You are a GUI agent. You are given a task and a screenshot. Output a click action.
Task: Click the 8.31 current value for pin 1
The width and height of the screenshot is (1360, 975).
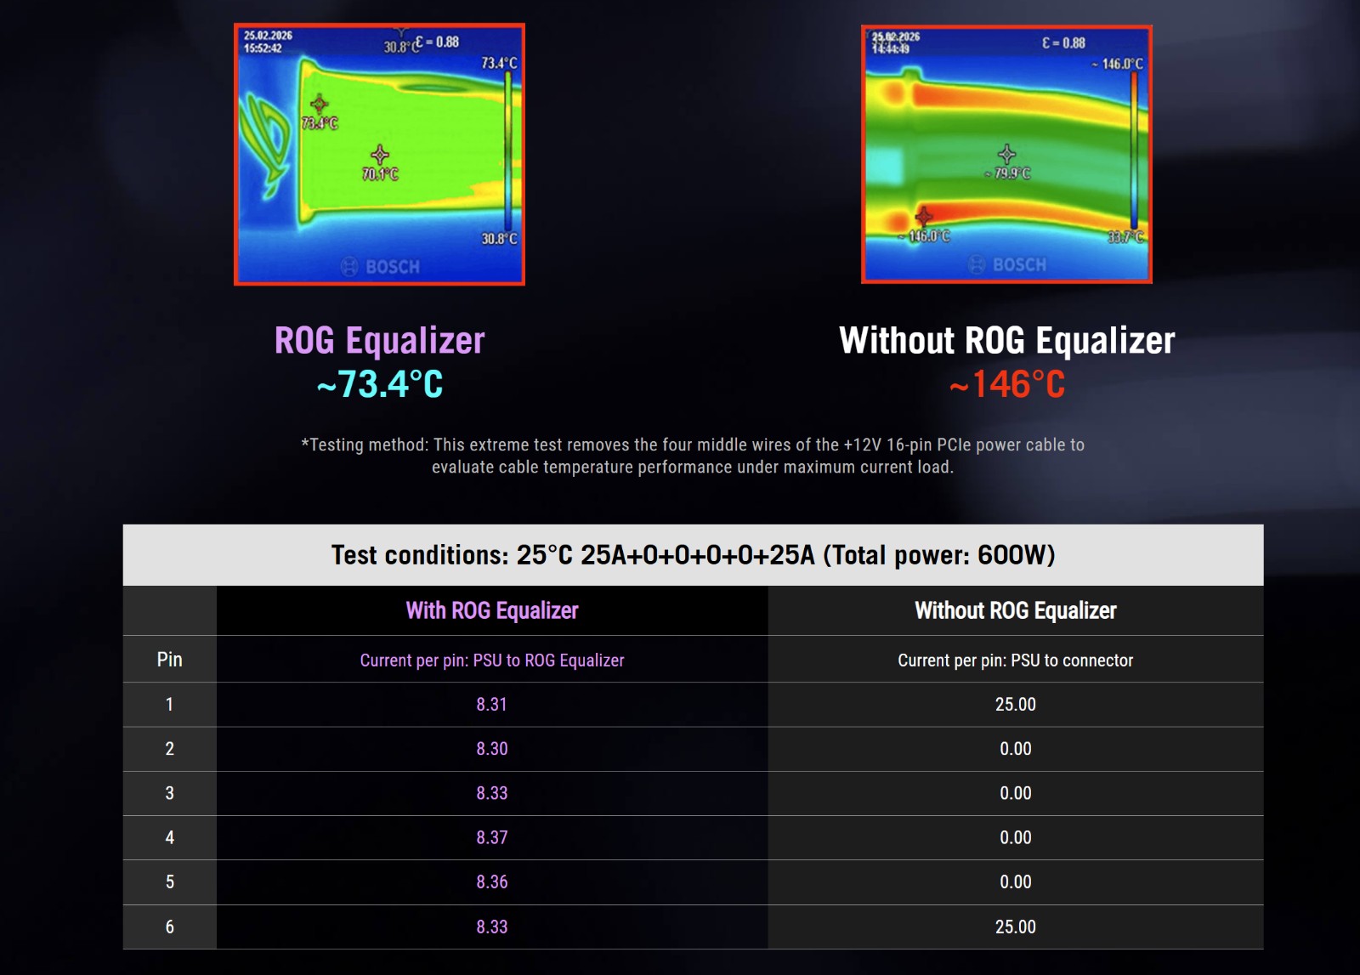(491, 704)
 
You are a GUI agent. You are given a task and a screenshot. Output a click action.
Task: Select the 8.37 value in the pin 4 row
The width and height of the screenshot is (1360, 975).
(491, 837)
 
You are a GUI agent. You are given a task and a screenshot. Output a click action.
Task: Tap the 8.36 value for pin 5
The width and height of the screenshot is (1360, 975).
(491, 881)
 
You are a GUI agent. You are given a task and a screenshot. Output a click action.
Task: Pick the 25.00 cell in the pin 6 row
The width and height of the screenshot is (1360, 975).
(1015, 927)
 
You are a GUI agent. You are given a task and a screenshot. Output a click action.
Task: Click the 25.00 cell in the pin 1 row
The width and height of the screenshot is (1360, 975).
(1015, 704)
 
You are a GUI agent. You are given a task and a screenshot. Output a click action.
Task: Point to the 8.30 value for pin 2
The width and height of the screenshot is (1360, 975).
(491, 749)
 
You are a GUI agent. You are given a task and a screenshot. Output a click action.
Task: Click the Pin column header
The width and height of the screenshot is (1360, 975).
(169, 660)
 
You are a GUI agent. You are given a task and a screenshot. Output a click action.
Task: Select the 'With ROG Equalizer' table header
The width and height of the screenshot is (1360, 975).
(492, 610)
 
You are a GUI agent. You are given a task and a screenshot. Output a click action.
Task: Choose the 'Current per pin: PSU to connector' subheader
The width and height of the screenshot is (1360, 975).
(1015, 660)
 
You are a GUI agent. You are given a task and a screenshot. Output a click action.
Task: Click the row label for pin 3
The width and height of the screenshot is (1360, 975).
(169, 793)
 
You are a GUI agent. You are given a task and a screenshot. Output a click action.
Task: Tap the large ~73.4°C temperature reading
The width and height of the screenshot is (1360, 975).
(380, 383)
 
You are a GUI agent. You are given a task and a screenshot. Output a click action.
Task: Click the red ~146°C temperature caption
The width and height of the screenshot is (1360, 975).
(1006, 383)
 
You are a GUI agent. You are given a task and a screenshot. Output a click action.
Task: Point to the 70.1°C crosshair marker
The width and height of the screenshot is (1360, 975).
(380, 155)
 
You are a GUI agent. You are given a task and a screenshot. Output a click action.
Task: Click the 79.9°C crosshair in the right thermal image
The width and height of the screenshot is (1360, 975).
(1006, 154)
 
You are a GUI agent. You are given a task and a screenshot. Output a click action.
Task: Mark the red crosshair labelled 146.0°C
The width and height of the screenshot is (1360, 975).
(923, 216)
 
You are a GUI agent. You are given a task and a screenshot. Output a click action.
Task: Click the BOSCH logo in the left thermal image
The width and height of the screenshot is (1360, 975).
(380, 267)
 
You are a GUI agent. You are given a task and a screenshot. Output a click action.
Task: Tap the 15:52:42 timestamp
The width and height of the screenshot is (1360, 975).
(263, 48)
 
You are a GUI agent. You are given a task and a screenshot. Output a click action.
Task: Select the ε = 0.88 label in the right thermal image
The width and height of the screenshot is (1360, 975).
(1063, 43)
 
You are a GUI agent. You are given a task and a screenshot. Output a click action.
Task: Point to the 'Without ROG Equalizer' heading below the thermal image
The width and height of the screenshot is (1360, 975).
(1006, 340)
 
